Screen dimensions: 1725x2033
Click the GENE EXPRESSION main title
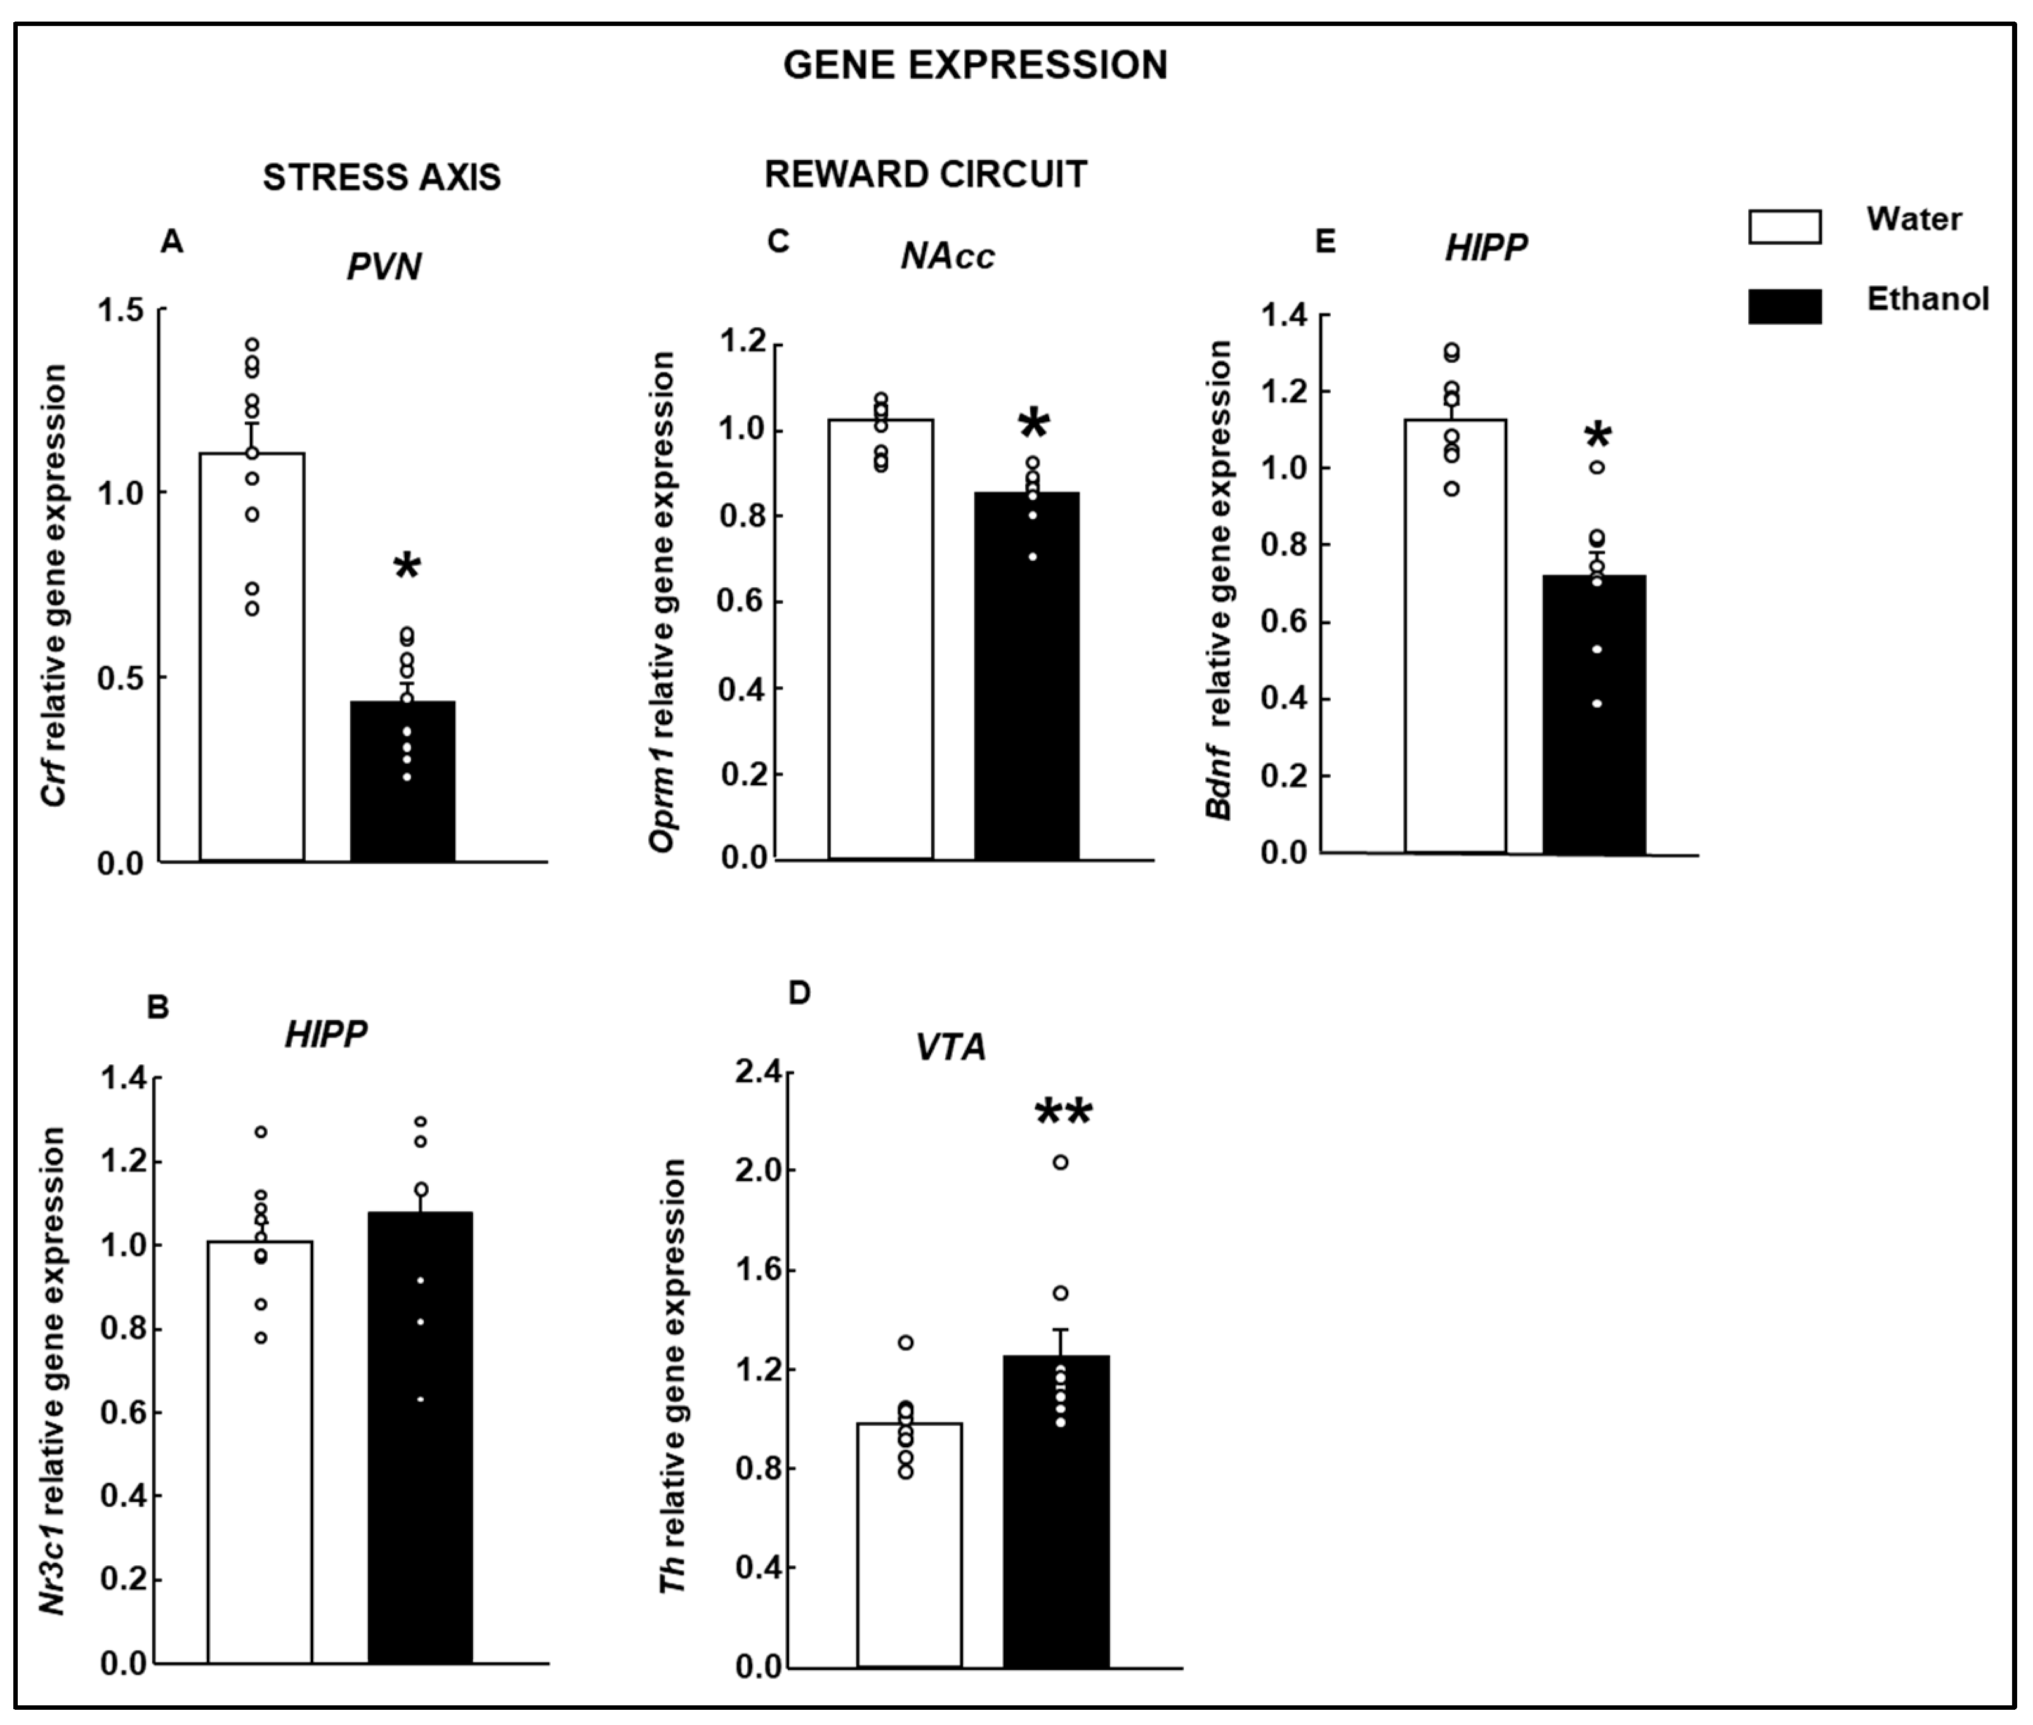point(975,65)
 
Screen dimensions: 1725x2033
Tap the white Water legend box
point(1784,226)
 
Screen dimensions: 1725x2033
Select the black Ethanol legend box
point(1784,306)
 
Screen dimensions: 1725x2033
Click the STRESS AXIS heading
point(381,177)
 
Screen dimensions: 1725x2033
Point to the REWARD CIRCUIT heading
point(925,174)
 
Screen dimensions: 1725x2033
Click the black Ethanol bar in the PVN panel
point(403,783)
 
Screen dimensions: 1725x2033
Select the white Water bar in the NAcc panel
point(880,641)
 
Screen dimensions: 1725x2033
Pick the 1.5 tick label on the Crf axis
point(119,311)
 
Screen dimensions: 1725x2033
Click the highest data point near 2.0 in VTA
point(1060,1162)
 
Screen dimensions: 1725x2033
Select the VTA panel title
point(950,1047)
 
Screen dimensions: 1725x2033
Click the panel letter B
point(157,1007)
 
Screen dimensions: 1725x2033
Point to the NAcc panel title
point(946,256)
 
